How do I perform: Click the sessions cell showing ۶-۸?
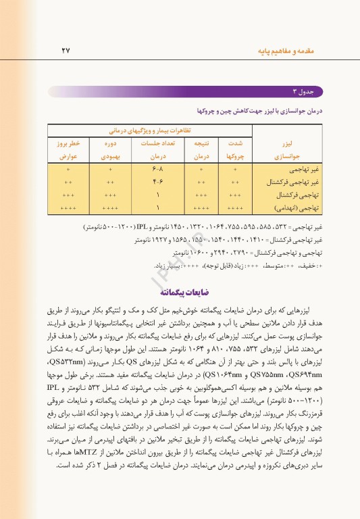pos(157,168)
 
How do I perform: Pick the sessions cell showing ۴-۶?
pos(157,182)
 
